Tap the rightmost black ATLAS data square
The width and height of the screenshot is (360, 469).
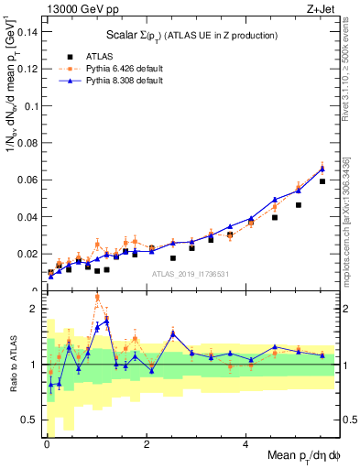click(x=322, y=181)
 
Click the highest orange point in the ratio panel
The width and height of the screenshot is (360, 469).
click(x=97, y=298)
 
